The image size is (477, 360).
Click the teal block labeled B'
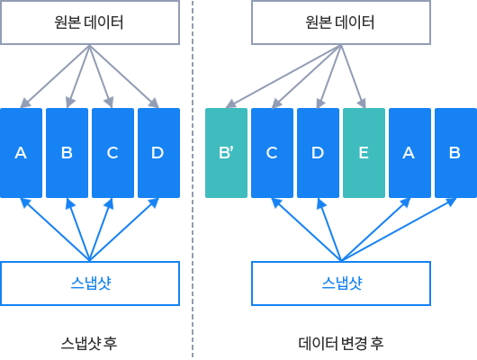(x=226, y=153)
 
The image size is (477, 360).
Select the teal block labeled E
(x=364, y=153)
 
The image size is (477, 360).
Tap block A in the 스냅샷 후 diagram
(x=21, y=153)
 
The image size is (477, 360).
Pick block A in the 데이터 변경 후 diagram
(x=409, y=153)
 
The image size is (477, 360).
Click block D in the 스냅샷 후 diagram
(x=158, y=153)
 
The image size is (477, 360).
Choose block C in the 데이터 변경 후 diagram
(x=273, y=153)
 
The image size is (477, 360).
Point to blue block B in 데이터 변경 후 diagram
(x=455, y=153)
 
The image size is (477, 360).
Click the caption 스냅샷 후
(x=89, y=343)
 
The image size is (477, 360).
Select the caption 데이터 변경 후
(x=341, y=343)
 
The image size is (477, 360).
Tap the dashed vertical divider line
(x=193, y=179)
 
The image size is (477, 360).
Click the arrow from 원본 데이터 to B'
(x=283, y=76)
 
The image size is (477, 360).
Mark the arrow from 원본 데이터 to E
(x=353, y=76)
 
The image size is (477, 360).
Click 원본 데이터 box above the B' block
(x=341, y=22)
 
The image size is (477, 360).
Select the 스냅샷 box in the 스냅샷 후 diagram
(x=90, y=283)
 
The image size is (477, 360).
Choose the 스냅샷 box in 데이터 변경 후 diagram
(x=341, y=283)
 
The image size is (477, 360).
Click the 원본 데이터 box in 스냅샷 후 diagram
(x=90, y=22)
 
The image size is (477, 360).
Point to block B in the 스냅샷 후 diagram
(x=67, y=153)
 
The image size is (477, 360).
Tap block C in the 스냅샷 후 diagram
(x=112, y=153)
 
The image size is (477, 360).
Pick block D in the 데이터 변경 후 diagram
(x=319, y=153)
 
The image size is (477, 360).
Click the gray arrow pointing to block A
(x=55, y=76)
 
